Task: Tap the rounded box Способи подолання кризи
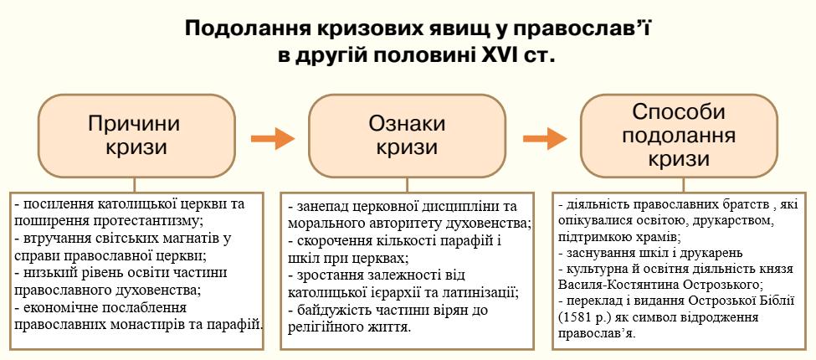679,136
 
